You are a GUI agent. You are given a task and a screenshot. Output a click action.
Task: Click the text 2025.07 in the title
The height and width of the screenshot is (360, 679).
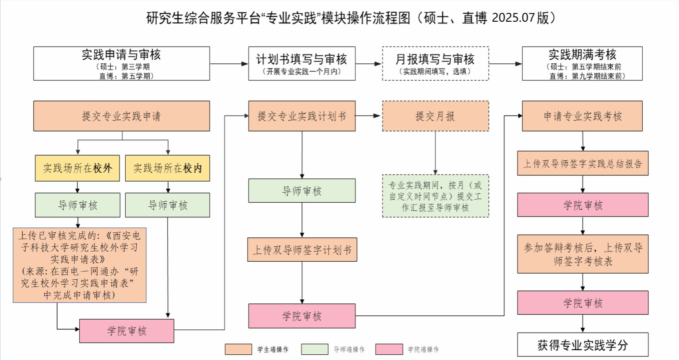[x=513, y=18]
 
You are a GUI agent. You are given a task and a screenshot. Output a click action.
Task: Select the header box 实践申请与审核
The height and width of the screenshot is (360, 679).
[x=121, y=63]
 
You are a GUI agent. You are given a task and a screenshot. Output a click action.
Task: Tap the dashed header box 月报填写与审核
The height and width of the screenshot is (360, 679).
[x=435, y=63]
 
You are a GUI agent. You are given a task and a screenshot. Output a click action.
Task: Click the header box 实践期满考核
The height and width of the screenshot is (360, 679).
[x=582, y=63]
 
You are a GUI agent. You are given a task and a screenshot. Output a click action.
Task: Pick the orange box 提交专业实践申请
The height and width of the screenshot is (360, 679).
[x=121, y=116]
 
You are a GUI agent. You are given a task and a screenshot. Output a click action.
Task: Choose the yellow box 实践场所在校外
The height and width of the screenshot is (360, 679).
[x=77, y=168]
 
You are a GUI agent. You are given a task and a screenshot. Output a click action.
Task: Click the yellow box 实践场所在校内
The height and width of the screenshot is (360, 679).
[x=167, y=168]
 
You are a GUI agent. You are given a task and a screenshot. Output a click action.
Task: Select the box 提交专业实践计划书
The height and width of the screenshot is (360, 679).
[x=301, y=116]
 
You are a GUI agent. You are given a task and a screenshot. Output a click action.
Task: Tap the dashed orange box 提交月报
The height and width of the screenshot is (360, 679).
[x=435, y=116]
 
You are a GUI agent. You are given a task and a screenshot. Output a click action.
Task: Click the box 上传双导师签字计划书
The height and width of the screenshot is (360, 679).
[x=302, y=250]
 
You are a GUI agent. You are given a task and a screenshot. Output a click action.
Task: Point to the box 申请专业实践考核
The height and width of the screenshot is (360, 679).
[x=582, y=116]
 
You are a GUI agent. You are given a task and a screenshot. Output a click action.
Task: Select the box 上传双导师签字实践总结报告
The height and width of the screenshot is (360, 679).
[x=583, y=163]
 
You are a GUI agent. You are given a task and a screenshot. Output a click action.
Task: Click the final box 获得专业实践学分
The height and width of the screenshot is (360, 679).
[x=583, y=345]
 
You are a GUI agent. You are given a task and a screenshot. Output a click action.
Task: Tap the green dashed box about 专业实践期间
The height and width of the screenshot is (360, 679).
[x=435, y=196]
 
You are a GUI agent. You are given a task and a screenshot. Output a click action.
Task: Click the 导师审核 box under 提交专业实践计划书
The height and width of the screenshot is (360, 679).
[x=301, y=191]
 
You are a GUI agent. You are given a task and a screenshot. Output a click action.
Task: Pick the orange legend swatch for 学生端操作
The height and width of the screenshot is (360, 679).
[x=238, y=349]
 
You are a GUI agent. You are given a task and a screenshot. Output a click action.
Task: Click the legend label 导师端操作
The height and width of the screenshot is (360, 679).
[x=349, y=349]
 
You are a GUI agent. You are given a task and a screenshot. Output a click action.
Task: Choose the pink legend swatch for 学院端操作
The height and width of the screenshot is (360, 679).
[x=389, y=349]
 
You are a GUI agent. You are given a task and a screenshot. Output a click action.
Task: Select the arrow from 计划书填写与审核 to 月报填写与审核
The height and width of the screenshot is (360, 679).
[x=368, y=64]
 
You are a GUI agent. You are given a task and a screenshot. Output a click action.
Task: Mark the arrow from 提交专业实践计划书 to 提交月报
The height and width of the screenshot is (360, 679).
[x=368, y=116]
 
